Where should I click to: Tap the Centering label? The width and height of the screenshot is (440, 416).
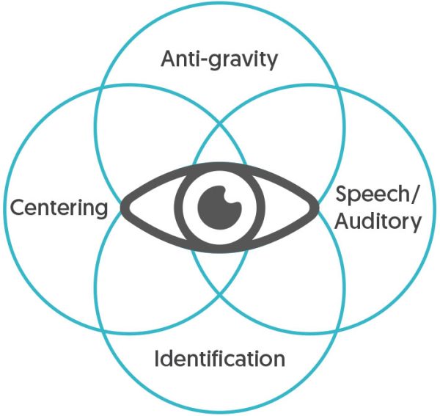(59, 208)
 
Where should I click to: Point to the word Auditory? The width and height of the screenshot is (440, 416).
(378, 220)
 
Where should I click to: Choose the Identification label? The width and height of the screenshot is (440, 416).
(220, 359)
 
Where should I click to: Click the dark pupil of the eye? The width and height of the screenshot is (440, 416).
(220, 202)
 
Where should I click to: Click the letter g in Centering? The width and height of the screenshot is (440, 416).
(100, 211)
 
